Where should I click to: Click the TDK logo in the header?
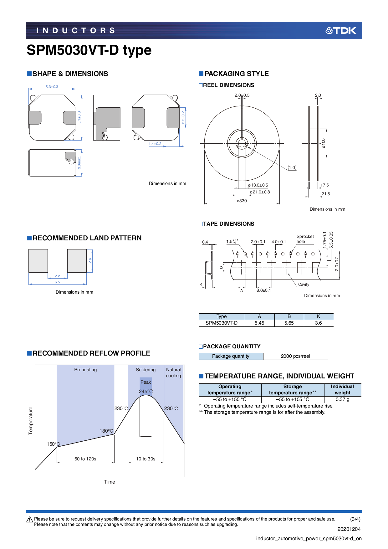click(x=341, y=31)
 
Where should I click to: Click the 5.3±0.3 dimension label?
click(x=52, y=87)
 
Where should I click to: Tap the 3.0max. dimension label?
click(x=79, y=163)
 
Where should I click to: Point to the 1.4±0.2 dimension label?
click(x=155, y=144)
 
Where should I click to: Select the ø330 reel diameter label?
click(x=242, y=201)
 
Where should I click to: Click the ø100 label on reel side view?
click(x=324, y=143)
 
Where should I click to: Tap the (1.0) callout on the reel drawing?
click(x=292, y=167)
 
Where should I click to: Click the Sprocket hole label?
click(x=305, y=239)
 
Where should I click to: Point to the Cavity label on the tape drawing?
click(x=304, y=285)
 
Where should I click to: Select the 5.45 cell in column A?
click(x=259, y=323)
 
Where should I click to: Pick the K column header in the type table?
click(x=318, y=316)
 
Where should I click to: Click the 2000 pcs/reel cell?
click(x=295, y=356)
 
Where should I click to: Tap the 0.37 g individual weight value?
click(x=342, y=399)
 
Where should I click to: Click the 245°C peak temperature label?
click(x=146, y=392)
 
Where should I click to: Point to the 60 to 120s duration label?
click(x=85, y=459)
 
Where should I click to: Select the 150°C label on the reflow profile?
click(x=53, y=444)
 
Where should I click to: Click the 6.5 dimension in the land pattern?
click(x=57, y=282)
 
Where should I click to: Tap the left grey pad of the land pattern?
click(x=38, y=261)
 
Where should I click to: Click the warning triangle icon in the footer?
click(x=30, y=520)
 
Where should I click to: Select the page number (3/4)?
click(x=355, y=519)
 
